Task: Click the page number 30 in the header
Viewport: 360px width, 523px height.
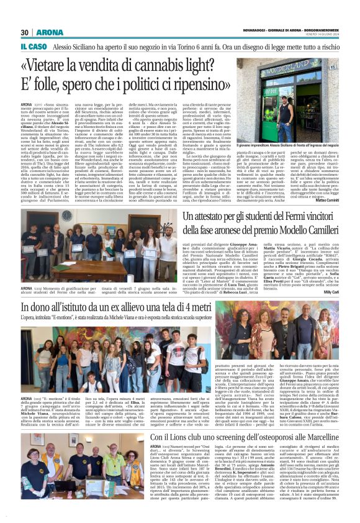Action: [x=25, y=32]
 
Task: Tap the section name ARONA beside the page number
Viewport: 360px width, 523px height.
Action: [x=45, y=32]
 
